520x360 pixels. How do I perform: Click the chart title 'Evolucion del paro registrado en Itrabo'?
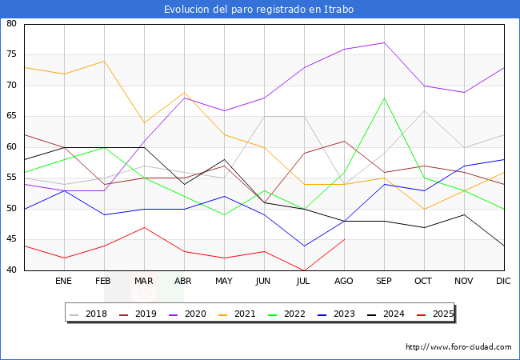tap(259, 10)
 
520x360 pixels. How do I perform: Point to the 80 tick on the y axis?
tap(12, 24)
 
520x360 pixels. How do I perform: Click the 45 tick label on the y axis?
tap(12, 240)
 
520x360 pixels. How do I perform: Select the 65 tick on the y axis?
tap(12, 117)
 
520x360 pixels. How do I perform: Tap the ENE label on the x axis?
tap(64, 282)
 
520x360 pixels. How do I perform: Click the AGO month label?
tap(344, 282)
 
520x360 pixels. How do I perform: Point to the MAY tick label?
tap(224, 282)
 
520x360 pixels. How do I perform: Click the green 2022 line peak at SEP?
tap(384, 98)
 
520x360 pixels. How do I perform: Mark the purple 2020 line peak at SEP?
tap(384, 43)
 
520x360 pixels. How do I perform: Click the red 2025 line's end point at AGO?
tap(344, 240)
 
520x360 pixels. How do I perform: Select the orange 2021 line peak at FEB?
tap(104, 62)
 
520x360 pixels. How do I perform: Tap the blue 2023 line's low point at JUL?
tap(304, 246)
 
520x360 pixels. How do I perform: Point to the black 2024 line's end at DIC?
tap(504, 246)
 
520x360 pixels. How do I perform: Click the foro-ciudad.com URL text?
tap(458, 347)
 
